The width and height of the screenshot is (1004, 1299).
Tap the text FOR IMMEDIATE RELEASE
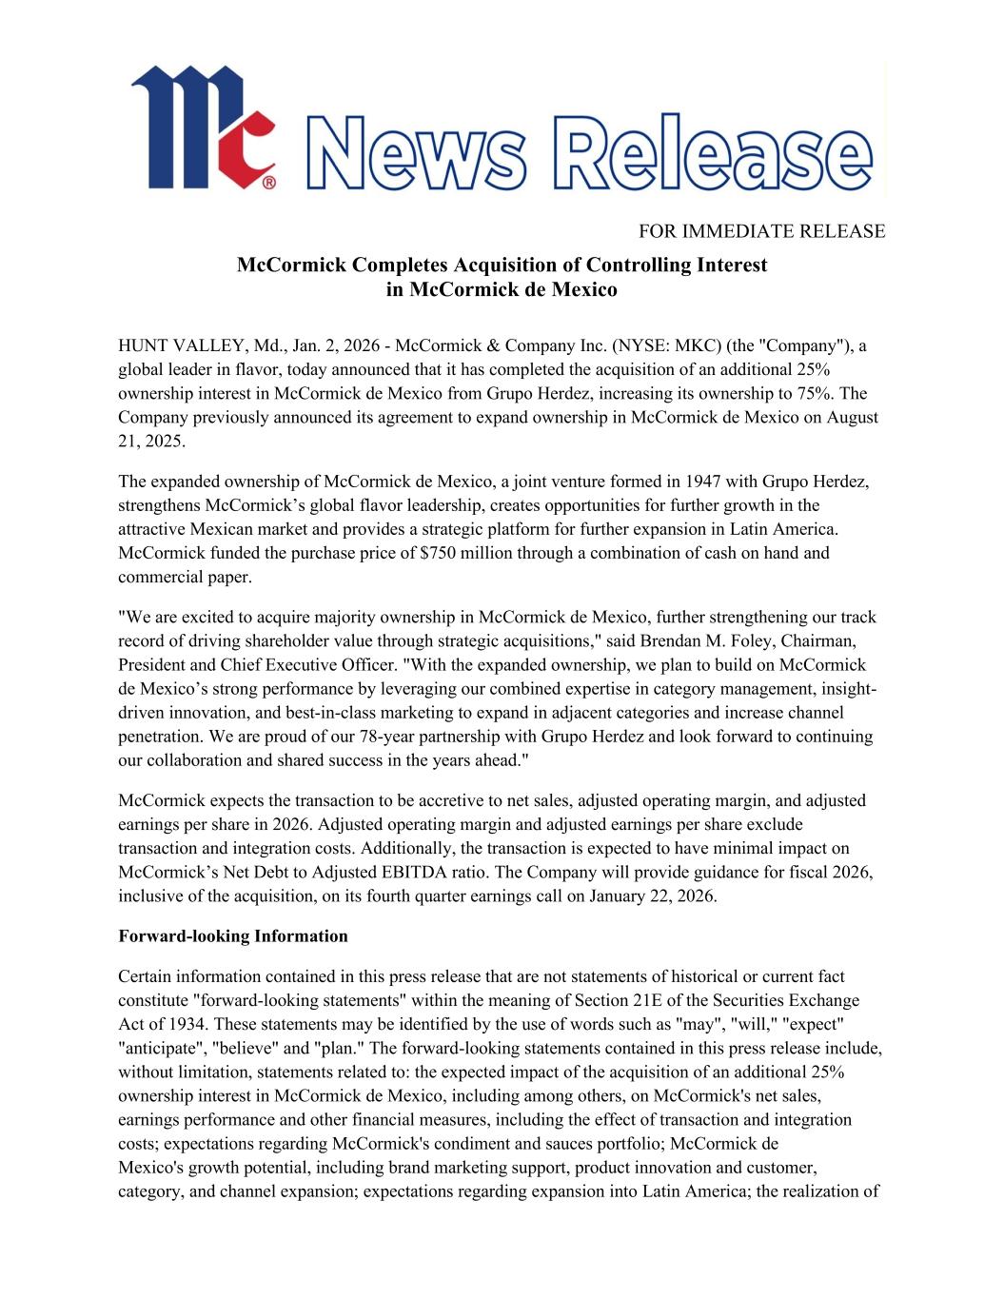(x=761, y=231)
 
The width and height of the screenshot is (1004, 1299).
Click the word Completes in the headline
(x=393, y=265)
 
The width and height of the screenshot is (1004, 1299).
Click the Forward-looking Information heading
(x=233, y=936)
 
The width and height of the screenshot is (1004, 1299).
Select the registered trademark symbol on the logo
(x=269, y=180)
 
